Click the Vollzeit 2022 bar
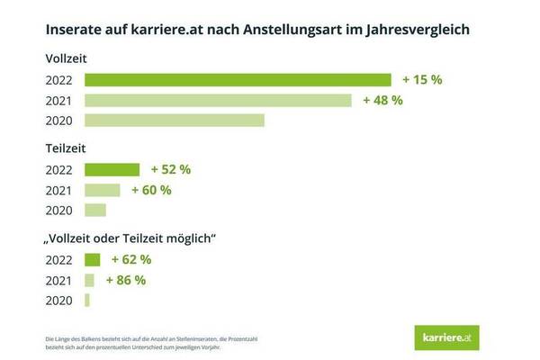coord(238,80)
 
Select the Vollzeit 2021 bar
coord(218,100)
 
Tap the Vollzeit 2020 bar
coord(174,120)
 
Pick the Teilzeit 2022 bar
coord(112,169)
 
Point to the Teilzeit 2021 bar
coord(102,190)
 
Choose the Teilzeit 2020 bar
coord(94,210)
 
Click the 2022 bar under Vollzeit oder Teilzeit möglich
coord(92,259)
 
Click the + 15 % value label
coord(423,80)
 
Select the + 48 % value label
coord(382,100)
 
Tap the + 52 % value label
coord(171,169)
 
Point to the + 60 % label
coord(151,190)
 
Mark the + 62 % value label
coord(131,259)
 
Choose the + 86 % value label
coord(126,279)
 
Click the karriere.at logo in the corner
coord(453,336)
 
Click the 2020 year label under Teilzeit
coord(58,210)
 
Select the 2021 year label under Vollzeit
coord(58,100)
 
